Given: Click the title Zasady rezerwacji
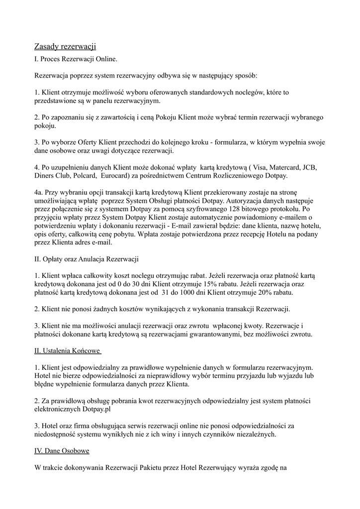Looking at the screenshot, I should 65,46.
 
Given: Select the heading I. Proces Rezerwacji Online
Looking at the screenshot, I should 76,60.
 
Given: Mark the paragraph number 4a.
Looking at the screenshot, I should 39,192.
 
